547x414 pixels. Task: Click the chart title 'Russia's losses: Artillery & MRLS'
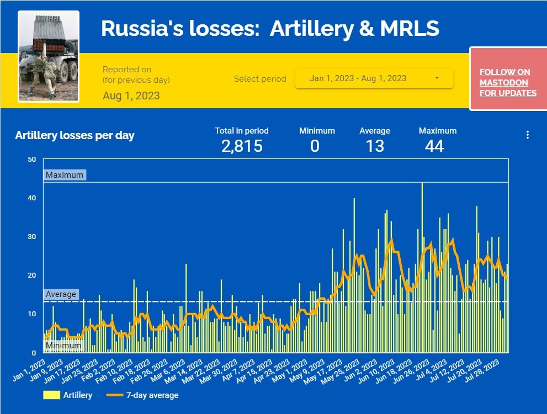270,28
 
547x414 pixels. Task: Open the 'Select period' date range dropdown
374,78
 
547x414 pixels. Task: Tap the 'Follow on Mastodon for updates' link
508,83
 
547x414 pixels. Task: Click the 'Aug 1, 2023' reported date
131,95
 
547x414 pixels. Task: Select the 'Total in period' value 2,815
242,146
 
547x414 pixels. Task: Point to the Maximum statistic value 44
434,146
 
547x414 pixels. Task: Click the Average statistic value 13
375,146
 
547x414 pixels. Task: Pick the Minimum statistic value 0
315,146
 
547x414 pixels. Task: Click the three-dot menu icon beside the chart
528,135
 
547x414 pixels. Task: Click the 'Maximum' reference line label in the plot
65,175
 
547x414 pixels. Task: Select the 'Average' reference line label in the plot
61,294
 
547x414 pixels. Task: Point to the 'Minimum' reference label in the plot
63,346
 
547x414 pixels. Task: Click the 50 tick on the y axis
32,160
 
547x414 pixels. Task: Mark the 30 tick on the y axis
32,237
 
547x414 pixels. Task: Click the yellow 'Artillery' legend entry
68,395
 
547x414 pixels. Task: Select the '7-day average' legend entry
143,395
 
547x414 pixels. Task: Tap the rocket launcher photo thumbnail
49,56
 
